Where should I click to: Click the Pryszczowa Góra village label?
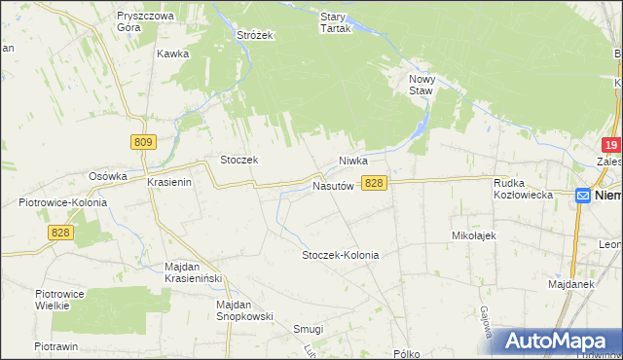(144, 22)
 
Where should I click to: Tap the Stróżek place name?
(256, 36)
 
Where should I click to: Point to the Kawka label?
(172, 54)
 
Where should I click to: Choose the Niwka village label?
(357, 161)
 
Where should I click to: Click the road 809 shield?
(142, 142)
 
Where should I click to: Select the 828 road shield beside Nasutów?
(375, 183)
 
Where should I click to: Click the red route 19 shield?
(610, 144)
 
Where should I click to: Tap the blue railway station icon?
(583, 195)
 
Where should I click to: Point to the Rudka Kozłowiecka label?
(524, 188)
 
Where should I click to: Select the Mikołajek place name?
(474, 235)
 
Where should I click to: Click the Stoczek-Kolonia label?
(340, 255)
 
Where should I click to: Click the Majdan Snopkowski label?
(243, 309)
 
